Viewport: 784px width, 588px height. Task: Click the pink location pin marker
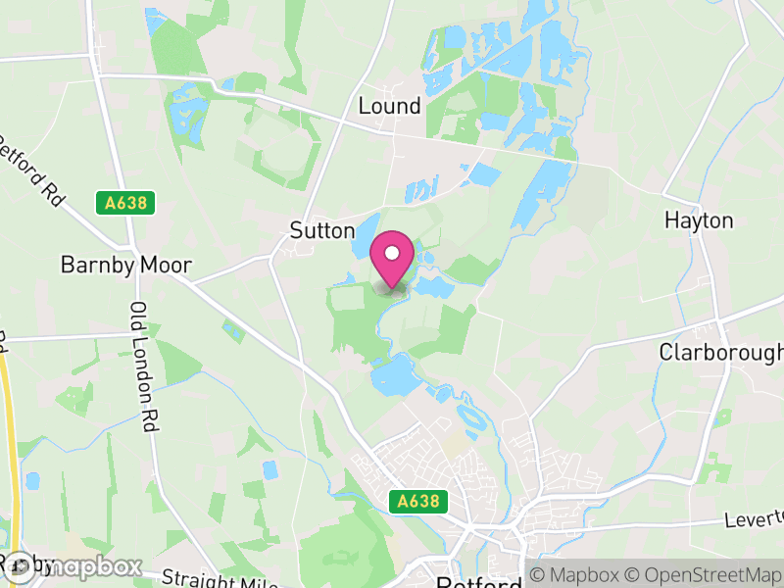392,261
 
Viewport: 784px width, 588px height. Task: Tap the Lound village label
389,106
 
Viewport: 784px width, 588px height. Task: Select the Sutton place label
321,230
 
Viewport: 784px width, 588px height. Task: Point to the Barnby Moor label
125,265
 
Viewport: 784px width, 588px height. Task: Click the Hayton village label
698,220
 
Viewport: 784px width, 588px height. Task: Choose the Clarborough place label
721,352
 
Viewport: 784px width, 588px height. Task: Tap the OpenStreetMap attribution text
703,574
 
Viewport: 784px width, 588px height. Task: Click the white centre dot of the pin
392,253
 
